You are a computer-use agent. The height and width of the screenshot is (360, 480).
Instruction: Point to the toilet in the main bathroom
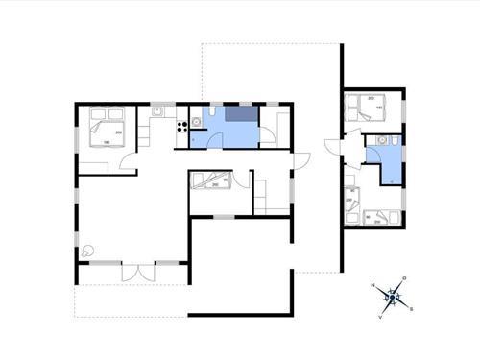(x=196, y=122)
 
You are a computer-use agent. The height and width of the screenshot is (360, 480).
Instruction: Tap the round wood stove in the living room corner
(x=89, y=250)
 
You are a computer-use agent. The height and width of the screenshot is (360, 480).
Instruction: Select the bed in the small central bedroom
(x=211, y=180)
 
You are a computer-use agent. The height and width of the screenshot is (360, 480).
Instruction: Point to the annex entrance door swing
(x=333, y=150)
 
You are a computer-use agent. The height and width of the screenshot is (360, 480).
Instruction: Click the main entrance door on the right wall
(x=298, y=159)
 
